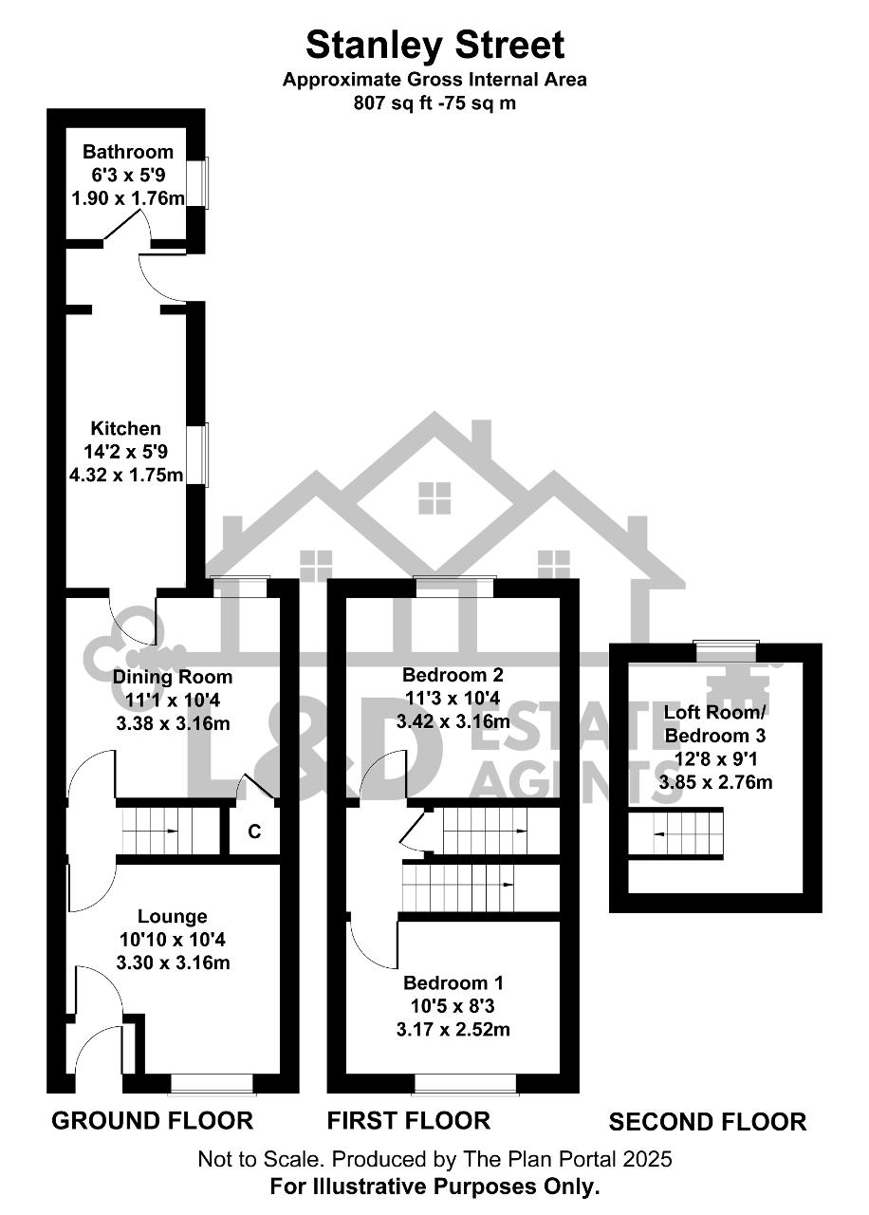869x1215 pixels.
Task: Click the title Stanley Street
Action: tap(434, 45)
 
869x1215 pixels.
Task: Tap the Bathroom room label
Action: tap(128, 151)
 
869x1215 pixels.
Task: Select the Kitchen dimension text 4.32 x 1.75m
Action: tap(126, 476)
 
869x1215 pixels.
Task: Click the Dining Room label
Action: tap(173, 677)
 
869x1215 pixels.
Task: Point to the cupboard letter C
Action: tap(254, 831)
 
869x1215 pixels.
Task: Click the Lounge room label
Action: tap(173, 916)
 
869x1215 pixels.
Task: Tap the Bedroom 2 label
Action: tap(453, 674)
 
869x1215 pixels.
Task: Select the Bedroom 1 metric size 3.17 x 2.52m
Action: tap(453, 1029)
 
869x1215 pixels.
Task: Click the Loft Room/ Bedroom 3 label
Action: tap(715, 723)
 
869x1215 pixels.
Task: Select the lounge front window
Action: tap(212, 1085)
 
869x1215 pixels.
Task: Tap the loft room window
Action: tap(727, 650)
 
